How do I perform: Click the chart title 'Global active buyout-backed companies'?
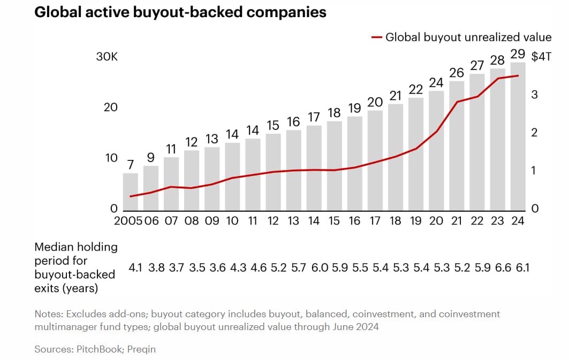(180, 12)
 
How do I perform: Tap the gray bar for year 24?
(518, 136)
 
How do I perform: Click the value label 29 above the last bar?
(518, 54)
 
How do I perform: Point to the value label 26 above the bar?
(457, 73)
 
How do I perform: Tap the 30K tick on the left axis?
(107, 57)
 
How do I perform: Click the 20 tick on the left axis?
(110, 108)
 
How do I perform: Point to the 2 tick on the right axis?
(534, 133)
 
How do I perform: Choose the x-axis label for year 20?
(436, 221)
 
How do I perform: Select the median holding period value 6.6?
(497, 267)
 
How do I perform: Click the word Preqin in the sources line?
(140, 349)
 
